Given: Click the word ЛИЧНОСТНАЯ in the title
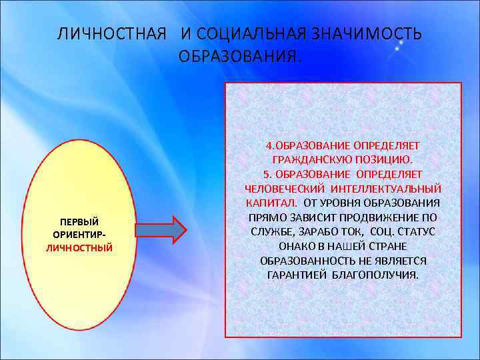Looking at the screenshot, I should pyautogui.click(x=111, y=34).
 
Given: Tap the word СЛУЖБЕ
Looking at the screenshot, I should pyautogui.click(x=269, y=231).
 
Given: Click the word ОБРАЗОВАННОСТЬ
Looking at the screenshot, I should pyautogui.click(x=304, y=261).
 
